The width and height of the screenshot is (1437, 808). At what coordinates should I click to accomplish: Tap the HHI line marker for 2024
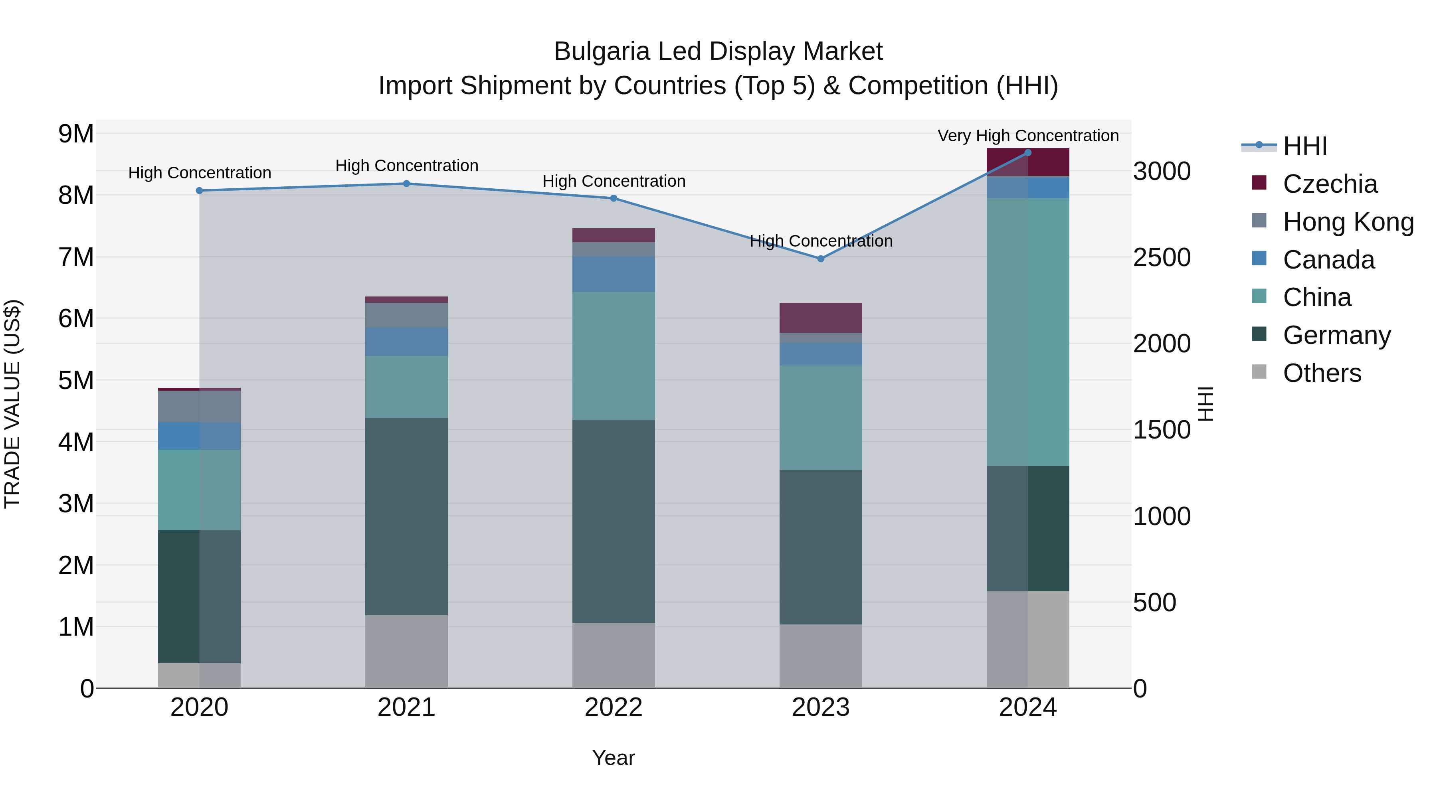coord(1027,153)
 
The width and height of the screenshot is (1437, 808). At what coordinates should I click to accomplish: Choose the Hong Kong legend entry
coord(1347,222)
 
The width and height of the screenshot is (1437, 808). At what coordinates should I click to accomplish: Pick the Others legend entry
coord(1322,373)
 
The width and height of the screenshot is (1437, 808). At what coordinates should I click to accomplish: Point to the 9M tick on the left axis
coord(76,134)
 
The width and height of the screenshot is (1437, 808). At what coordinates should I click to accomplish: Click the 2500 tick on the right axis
coord(1162,258)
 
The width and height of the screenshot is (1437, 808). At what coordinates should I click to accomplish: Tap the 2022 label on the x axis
coord(613,707)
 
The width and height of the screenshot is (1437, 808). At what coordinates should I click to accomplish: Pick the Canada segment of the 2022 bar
coord(613,275)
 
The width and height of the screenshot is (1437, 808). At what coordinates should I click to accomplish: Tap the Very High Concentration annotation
coord(1027,136)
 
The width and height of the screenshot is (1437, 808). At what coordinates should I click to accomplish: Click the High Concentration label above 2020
coord(200,173)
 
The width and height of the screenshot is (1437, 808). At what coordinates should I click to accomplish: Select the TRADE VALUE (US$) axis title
coord(12,404)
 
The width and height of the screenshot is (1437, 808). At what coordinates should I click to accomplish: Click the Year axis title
coord(613,758)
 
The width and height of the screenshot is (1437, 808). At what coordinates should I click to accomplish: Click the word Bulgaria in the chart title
coord(602,51)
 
